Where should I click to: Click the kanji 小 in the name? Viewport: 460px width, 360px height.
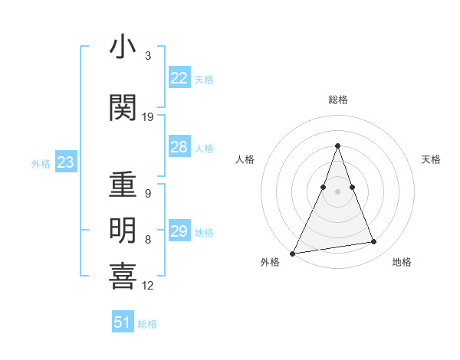click(x=123, y=47)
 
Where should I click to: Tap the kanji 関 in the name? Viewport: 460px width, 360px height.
click(x=123, y=109)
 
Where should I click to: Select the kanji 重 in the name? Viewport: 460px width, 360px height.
click(x=123, y=185)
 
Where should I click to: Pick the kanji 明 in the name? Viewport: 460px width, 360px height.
click(x=123, y=231)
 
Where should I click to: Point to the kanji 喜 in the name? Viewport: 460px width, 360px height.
click(x=123, y=277)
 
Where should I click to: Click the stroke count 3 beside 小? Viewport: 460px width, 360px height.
click(x=148, y=56)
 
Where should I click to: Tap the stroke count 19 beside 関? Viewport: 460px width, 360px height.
click(x=148, y=117)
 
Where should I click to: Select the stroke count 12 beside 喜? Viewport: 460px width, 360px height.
click(x=148, y=286)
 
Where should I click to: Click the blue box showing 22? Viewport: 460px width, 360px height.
click(x=179, y=78)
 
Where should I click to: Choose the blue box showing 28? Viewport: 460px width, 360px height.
click(x=179, y=147)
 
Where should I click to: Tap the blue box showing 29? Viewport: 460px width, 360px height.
click(x=179, y=231)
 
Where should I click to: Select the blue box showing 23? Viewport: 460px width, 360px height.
click(x=65, y=162)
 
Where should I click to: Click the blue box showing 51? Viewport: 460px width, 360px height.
click(x=122, y=322)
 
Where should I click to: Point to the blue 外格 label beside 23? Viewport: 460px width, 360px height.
click(x=41, y=163)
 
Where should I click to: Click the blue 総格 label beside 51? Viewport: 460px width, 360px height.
click(x=147, y=324)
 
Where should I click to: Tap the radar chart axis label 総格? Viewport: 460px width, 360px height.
click(x=337, y=100)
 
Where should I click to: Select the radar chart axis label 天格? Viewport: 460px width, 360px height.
click(x=431, y=159)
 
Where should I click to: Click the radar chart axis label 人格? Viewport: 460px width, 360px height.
click(x=245, y=159)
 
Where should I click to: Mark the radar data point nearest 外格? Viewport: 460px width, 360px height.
click(x=292, y=253)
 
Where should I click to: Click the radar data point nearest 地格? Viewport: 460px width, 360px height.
click(x=374, y=242)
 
